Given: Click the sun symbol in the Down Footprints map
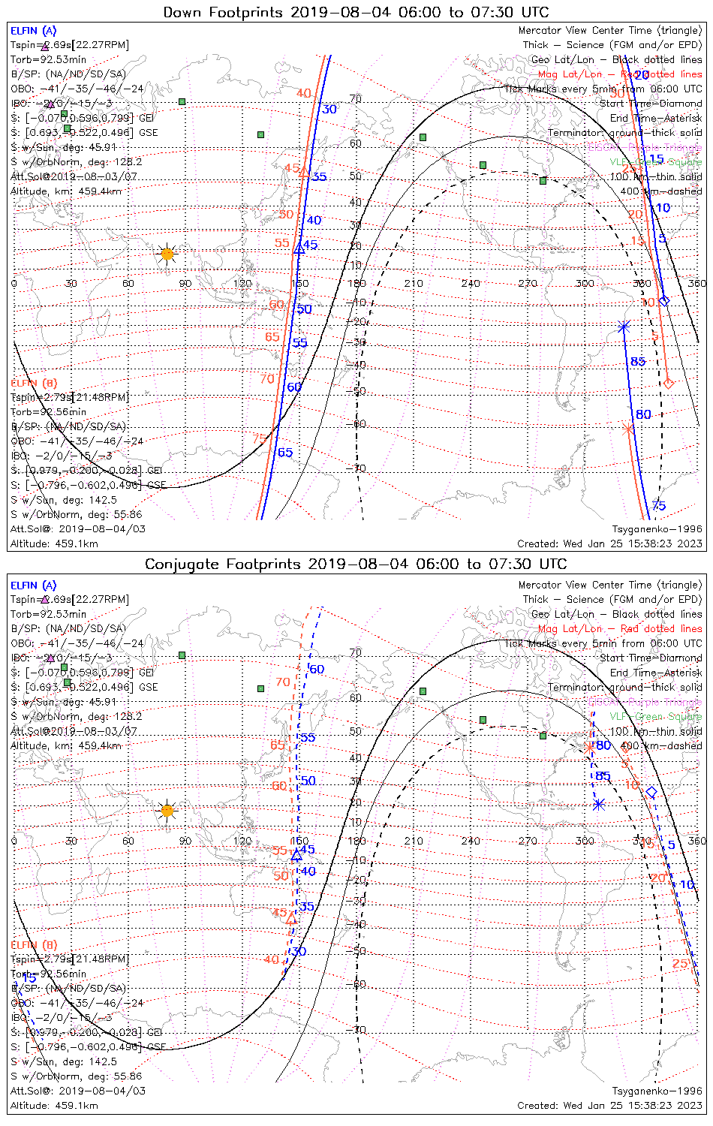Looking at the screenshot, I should point(167,254).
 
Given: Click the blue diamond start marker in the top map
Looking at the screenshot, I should point(663,301).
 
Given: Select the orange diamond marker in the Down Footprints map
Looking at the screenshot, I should point(669,384).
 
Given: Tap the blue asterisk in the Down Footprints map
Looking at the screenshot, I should point(624,326).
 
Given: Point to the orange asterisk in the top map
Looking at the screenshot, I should point(629,429).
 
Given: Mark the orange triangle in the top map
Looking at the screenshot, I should point(304,172).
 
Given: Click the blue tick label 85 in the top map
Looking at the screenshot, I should point(638,362).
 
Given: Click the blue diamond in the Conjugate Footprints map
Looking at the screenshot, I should point(651,793).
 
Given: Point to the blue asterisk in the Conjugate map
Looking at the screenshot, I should point(599,805).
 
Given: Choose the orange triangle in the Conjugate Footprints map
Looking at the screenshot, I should point(291,918).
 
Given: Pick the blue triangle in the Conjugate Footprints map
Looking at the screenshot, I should point(296,855).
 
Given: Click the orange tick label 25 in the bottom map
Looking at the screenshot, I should point(680,964).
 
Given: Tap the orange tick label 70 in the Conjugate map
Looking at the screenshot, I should point(282,682).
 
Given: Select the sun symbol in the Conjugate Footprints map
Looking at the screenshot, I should point(167,811).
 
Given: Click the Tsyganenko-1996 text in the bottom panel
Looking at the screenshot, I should point(657,1091).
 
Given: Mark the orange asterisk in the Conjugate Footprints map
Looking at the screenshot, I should point(589,748).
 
